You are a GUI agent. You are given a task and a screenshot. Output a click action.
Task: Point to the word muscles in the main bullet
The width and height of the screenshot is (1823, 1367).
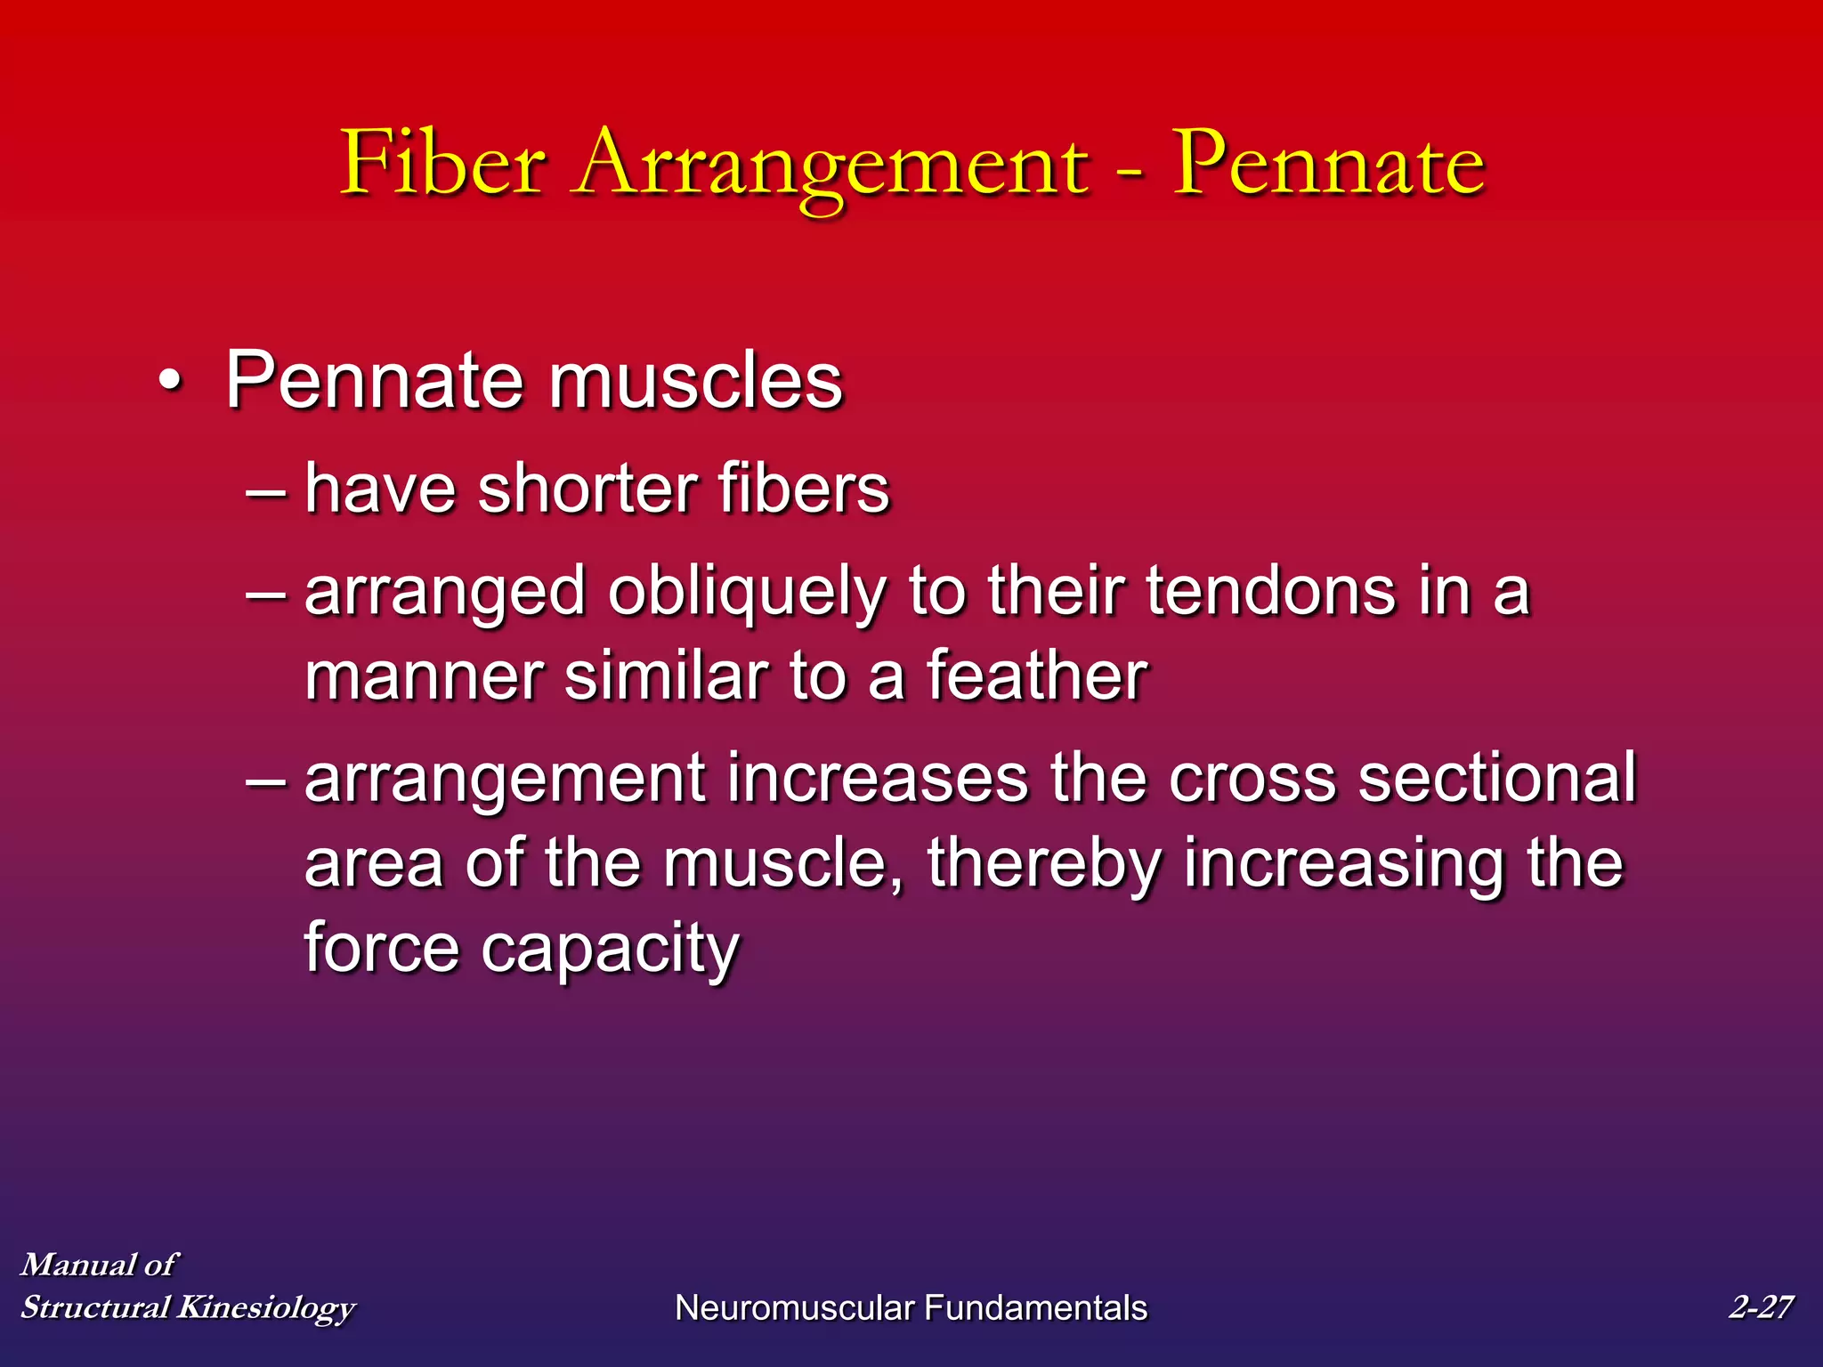tap(695, 381)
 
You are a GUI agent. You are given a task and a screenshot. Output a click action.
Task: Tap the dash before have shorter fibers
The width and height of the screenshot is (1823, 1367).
tap(265, 490)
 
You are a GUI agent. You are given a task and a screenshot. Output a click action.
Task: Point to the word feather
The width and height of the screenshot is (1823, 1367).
tap(1037, 675)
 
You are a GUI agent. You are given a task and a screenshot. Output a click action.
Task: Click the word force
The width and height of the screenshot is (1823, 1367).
tap(382, 947)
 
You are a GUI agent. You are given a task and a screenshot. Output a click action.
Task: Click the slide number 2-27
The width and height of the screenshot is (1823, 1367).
tap(1760, 1306)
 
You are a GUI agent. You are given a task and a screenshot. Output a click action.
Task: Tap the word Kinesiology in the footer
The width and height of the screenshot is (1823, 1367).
tap(266, 1308)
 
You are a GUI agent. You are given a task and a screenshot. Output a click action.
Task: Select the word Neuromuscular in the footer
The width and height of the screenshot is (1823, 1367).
tap(794, 1308)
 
